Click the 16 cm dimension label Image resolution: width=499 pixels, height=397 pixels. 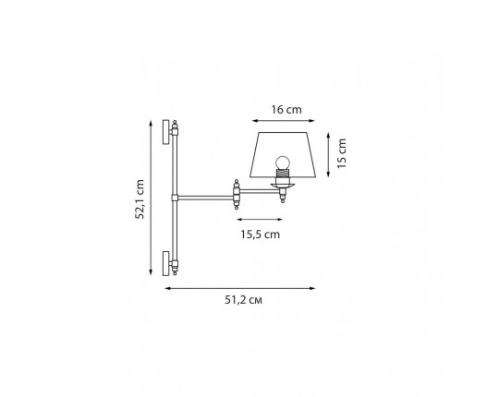(x=286, y=110)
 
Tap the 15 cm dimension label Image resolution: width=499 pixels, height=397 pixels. (x=342, y=153)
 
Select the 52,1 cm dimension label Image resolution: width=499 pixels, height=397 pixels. (x=140, y=199)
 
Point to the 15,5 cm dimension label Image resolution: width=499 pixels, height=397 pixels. (x=260, y=235)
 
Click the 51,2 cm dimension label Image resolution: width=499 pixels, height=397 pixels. (x=243, y=300)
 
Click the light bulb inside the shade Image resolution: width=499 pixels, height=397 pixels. (x=283, y=163)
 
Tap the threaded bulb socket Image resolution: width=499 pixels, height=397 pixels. (x=283, y=174)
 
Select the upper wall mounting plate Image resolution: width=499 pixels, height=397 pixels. (x=165, y=132)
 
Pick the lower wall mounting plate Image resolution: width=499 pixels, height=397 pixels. (x=165, y=263)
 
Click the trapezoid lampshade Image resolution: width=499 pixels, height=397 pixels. (x=283, y=154)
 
